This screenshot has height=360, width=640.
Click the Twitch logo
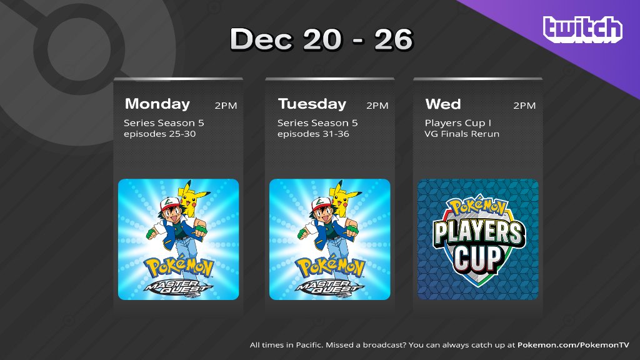pyautogui.click(x=582, y=30)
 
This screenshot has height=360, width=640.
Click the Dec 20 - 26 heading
pyautogui.click(x=321, y=40)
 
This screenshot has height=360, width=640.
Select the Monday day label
pyautogui.click(x=157, y=104)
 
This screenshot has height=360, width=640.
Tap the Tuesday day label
pyautogui.click(x=312, y=104)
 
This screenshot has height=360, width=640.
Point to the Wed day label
pyautogui.click(x=442, y=104)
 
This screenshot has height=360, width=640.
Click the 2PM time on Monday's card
pyautogui.click(x=226, y=106)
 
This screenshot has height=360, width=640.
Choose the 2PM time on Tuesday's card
pyautogui.click(x=377, y=106)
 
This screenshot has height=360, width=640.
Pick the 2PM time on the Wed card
pyautogui.click(x=524, y=106)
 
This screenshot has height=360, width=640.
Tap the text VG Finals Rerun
pyautogui.click(x=462, y=134)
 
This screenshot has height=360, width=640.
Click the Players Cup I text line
pyautogui.click(x=457, y=122)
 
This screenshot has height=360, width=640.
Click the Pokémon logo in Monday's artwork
pyautogui.click(x=178, y=266)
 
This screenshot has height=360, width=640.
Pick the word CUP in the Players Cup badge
pyautogui.click(x=477, y=257)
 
